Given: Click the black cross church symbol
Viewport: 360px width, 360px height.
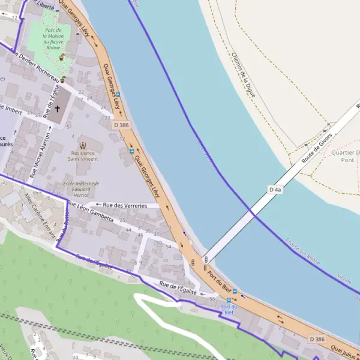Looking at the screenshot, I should coord(58,109).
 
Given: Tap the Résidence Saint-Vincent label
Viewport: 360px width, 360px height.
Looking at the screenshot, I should coord(82,156).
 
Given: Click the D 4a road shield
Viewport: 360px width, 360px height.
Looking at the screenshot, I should coord(275,190).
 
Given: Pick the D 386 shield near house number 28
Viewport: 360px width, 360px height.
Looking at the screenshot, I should coord(121,125).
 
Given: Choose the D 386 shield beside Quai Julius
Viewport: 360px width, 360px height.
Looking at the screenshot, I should coord(317,340).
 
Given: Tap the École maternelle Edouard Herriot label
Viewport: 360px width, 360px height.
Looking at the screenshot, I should coord(82,189).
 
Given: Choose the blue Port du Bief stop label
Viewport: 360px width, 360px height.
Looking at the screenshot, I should coord(229,309).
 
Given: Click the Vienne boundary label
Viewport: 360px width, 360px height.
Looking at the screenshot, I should coord(344,278).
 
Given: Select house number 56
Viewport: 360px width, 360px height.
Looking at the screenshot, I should coord(212,298).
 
